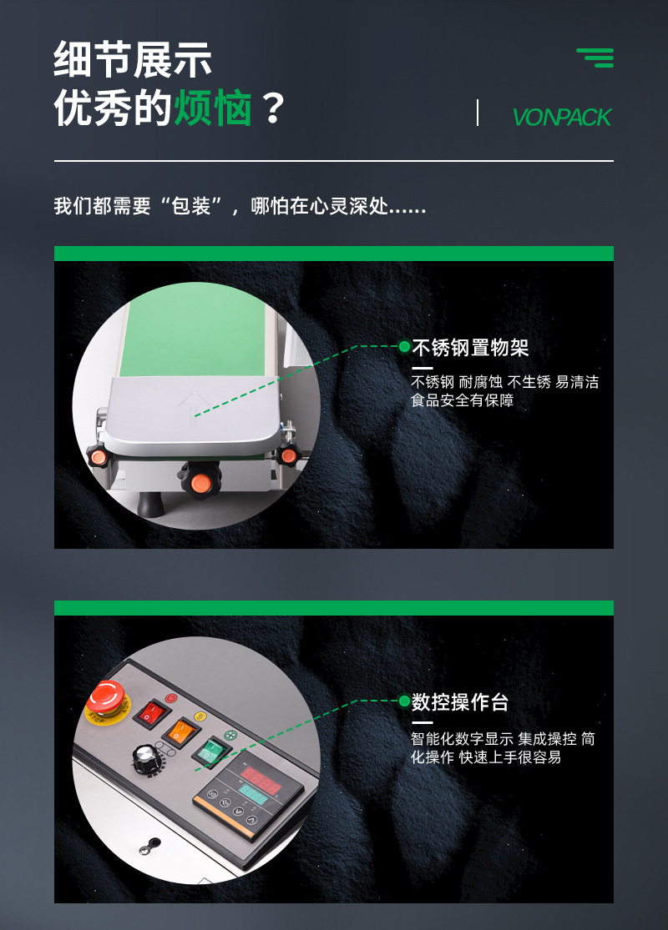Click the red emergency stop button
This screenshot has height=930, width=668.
(x=108, y=698)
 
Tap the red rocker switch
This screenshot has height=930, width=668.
(x=151, y=713)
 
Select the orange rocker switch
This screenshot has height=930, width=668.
(x=180, y=732)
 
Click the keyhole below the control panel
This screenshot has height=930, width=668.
(x=147, y=847)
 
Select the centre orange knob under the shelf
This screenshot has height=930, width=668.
(x=200, y=482)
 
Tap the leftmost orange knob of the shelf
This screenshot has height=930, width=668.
(x=99, y=456)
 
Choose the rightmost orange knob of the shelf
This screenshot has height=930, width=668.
(x=289, y=455)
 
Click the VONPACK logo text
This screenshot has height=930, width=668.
(x=562, y=118)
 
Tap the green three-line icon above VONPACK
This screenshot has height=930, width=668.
(x=595, y=58)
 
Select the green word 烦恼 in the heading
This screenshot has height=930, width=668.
(x=213, y=109)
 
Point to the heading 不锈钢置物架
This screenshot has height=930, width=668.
(x=470, y=348)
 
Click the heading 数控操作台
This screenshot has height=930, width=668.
(x=460, y=702)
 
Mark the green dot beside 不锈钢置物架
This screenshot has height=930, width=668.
(x=404, y=346)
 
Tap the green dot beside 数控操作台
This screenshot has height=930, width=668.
(x=404, y=701)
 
